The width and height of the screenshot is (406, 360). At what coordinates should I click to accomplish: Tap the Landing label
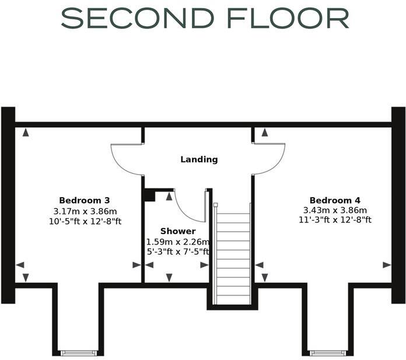tap(199, 159)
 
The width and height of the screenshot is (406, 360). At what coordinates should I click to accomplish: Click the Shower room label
tap(178, 232)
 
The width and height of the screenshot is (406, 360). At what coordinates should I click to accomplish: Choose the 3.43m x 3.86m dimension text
tap(335, 211)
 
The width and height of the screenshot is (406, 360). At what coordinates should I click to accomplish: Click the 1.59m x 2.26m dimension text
tap(178, 242)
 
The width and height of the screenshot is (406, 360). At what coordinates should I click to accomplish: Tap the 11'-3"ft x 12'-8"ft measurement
tap(335, 221)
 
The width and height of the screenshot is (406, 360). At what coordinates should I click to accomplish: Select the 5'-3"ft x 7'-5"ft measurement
tap(178, 251)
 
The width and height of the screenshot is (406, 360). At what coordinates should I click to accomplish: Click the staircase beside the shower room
tap(233, 257)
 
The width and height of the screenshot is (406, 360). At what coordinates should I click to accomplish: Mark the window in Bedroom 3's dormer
tap(79, 352)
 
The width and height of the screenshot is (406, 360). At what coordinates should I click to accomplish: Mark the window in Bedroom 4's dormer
tap(328, 352)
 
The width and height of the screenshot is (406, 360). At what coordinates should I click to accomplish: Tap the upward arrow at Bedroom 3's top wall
tap(26, 132)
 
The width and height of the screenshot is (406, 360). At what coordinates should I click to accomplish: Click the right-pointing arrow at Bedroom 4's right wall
tap(386, 265)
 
